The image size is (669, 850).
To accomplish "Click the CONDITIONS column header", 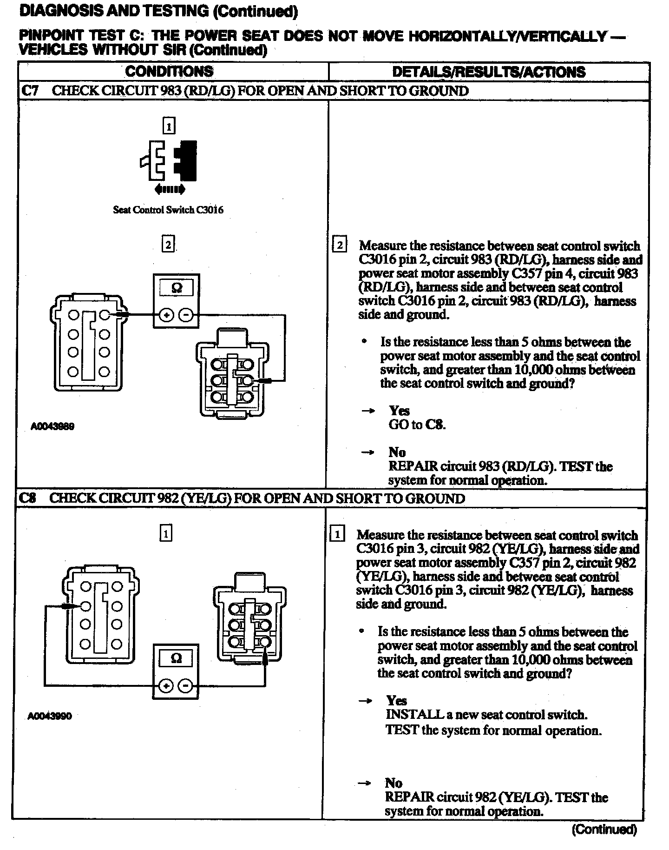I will pyautogui.click(x=169, y=72).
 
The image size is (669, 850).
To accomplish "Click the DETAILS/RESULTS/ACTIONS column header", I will pyautogui.click(x=488, y=72).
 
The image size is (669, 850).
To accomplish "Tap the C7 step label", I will pyautogui.click(x=30, y=91).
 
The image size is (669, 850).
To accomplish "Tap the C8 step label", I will pyautogui.click(x=27, y=498).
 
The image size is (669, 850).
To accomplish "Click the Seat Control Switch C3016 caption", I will pyautogui.click(x=168, y=210).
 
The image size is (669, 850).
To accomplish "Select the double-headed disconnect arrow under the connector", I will pyautogui.click(x=169, y=189).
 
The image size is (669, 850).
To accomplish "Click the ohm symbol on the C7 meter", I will pyautogui.click(x=177, y=288).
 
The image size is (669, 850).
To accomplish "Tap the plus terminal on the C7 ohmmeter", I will pyautogui.click(x=166, y=315).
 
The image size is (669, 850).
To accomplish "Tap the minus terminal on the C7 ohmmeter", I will pyautogui.click(x=186, y=315).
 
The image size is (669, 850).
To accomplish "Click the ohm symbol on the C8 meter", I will pyautogui.click(x=177, y=658).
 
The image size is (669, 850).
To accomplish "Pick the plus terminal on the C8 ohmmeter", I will pyautogui.click(x=166, y=686).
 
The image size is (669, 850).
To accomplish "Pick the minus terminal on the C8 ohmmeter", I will pyautogui.click(x=186, y=686).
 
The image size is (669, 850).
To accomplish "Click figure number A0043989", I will pyautogui.click(x=52, y=426).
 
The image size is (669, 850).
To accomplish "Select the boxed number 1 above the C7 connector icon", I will pyautogui.click(x=169, y=126).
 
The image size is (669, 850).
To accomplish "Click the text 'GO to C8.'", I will pyautogui.click(x=417, y=425).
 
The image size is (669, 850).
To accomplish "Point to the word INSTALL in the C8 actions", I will pyautogui.click(x=414, y=714).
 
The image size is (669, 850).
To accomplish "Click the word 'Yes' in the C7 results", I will pyautogui.click(x=400, y=411).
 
